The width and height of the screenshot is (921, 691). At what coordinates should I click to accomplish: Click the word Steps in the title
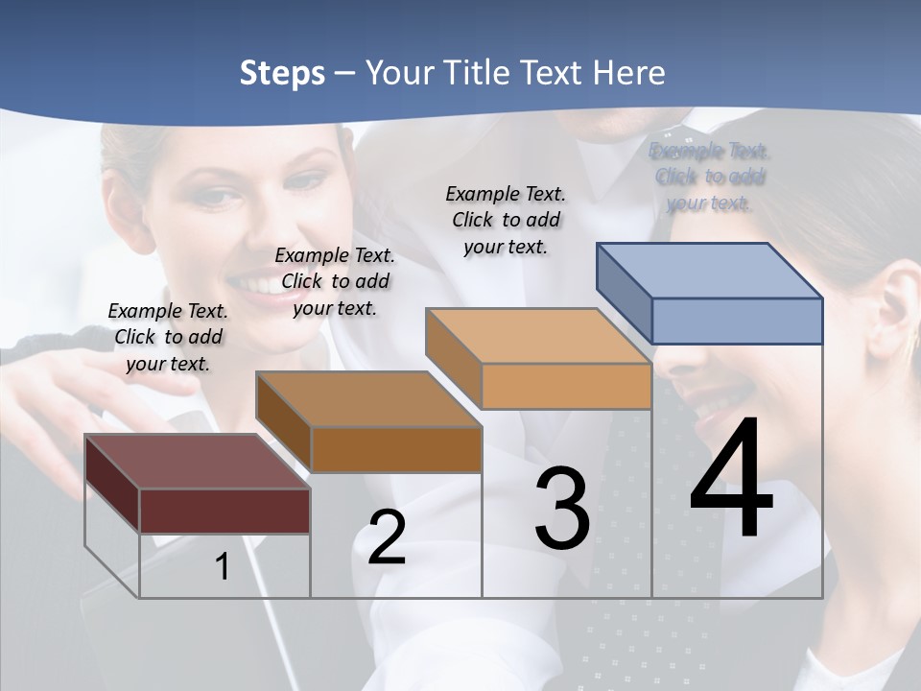tap(281, 73)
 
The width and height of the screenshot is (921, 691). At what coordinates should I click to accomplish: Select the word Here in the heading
tap(628, 73)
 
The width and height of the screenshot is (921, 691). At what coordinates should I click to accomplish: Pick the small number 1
tap(222, 566)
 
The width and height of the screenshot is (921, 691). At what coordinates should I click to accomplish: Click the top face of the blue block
tap(710, 271)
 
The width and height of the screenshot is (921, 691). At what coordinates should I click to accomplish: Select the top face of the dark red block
tap(198, 461)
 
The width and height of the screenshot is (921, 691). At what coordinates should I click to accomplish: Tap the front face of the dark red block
tap(224, 511)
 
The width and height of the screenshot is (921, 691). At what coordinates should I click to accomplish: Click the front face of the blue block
tap(737, 321)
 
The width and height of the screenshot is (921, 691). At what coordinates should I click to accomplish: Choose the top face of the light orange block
tap(538, 336)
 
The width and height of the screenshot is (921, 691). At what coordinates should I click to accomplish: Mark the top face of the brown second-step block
tap(368, 399)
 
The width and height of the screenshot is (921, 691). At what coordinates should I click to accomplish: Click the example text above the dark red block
tap(168, 337)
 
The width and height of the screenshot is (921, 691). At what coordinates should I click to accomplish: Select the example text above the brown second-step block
tap(335, 281)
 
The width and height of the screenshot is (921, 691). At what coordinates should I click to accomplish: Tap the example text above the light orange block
tap(506, 220)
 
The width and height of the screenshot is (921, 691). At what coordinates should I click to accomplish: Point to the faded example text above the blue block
tap(710, 177)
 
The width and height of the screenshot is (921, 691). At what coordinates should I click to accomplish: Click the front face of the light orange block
tap(566, 386)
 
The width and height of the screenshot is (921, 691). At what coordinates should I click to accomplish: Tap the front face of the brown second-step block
tap(395, 449)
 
